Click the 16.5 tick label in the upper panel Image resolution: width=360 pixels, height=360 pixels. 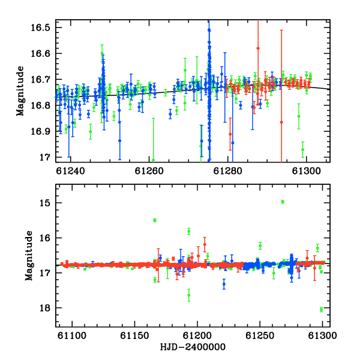pyautogui.click(x=40, y=28)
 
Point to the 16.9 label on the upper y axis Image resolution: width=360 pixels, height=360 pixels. pyautogui.click(x=40, y=131)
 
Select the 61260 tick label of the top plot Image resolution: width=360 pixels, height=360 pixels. pyautogui.click(x=149, y=171)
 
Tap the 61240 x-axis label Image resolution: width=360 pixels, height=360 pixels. pyautogui.click(x=70, y=171)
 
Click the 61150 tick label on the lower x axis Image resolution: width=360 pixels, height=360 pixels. pyautogui.click(x=134, y=335)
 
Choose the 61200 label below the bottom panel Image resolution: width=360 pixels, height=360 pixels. pyautogui.click(x=197, y=335)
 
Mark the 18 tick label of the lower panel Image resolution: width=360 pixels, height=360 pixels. pyautogui.click(x=44, y=308)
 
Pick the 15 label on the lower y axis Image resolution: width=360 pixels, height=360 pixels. pyautogui.click(x=44, y=203)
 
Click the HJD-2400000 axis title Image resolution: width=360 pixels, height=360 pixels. pyautogui.click(x=193, y=347)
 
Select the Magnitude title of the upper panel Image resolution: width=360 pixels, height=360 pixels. pyautogui.click(x=20, y=91)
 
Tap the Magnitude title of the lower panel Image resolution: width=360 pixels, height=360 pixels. pyautogui.click(x=29, y=256)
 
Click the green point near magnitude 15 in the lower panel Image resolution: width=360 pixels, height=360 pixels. pyautogui.click(x=283, y=202)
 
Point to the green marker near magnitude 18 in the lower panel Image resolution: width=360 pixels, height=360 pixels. pyautogui.click(x=321, y=310)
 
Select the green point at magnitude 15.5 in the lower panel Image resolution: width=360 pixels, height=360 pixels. pyautogui.click(x=155, y=220)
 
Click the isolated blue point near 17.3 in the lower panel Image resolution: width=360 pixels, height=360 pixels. pyautogui.click(x=224, y=284)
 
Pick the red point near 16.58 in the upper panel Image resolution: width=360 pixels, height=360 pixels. pyautogui.click(x=258, y=48)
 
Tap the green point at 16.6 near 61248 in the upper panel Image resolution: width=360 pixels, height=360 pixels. pyautogui.click(x=102, y=53)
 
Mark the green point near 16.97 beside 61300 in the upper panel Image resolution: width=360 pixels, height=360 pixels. pyautogui.click(x=303, y=149)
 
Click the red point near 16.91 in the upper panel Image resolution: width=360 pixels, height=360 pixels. pyautogui.click(x=230, y=134)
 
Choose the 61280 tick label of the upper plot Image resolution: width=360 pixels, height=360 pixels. pyautogui.click(x=228, y=171)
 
